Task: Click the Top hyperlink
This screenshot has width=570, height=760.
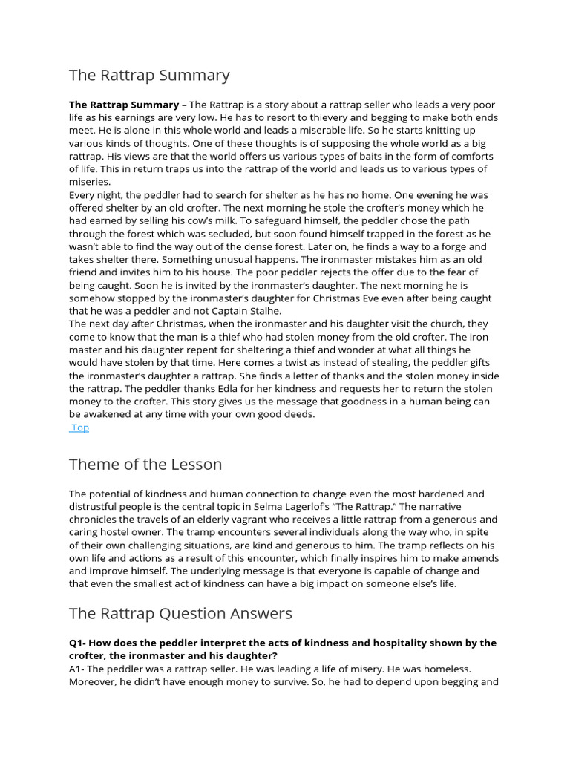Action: point(79,427)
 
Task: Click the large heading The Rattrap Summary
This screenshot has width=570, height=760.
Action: point(149,76)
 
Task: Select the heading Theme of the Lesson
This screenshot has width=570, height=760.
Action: point(145,465)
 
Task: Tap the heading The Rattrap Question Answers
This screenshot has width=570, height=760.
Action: point(180,613)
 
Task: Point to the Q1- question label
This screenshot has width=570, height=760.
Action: point(79,643)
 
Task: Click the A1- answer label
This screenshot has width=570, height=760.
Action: point(79,669)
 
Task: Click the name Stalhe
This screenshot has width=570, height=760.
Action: point(265,311)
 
